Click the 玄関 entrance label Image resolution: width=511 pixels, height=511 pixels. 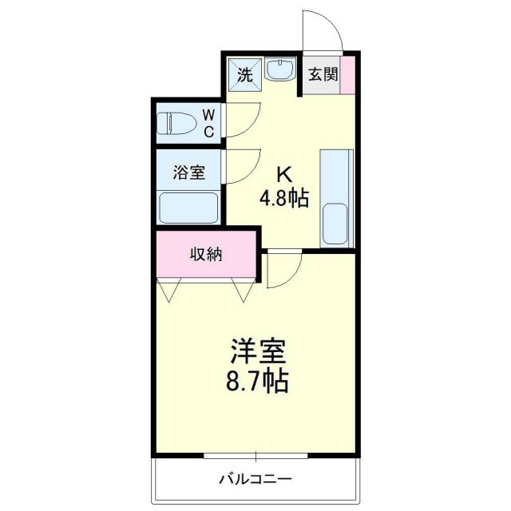click(x=323, y=75)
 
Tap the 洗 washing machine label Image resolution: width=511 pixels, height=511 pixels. click(x=244, y=75)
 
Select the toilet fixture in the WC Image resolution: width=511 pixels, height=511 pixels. click(x=178, y=125)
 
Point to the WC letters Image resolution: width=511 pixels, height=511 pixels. click(x=208, y=124)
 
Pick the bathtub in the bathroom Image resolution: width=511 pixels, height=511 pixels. click(x=189, y=208)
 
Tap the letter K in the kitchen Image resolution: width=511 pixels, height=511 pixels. click(x=283, y=174)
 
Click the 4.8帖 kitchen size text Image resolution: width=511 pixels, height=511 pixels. click(x=283, y=196)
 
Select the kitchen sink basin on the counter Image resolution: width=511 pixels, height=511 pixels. click(x=336, y=224)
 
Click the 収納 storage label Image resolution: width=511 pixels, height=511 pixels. click(x=206, y=255)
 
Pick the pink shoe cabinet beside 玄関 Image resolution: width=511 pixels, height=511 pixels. click(x=348, y=76)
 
